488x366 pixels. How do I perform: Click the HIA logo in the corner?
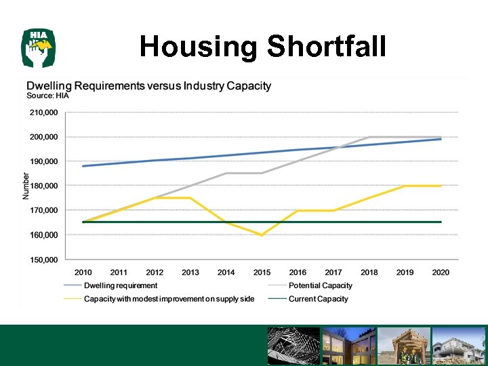[38, 47]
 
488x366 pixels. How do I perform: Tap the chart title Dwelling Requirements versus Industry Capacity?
[148, 86]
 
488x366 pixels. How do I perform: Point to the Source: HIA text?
[47, 96]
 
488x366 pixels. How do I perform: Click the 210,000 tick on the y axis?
[43, 113]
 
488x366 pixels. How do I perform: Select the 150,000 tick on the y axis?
[43, 260]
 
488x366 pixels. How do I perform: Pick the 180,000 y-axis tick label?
[43, 186]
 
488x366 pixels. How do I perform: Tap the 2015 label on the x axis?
[262, 272]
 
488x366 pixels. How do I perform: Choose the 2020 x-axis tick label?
[441, 272]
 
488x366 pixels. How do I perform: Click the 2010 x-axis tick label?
[83, 272]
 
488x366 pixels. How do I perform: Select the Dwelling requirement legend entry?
[121, 285]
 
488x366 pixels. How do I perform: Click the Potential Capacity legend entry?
[320, 285]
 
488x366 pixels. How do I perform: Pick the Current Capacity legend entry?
[318, 298]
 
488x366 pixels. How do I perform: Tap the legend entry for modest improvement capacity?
[169, 298]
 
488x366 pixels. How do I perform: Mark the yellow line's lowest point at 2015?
[262, 235]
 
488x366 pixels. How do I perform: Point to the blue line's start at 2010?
[83, 166]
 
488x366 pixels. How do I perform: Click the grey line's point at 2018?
[369, 137]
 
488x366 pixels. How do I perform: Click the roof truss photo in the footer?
[293, 346]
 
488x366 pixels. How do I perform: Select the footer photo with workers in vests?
[404, 346]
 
